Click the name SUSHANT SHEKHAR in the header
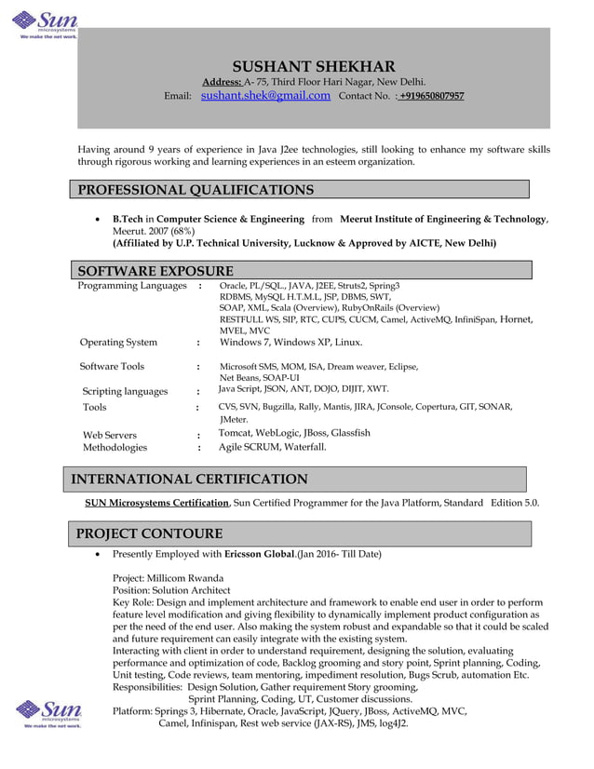point(313,66)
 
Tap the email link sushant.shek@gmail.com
point(265,95)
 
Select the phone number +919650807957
point(432,96)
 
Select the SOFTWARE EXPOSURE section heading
point(155,271)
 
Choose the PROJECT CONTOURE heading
point(149,533)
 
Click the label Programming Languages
point(132,286)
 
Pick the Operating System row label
point(118,342)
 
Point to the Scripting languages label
point(125,391)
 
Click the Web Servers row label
point(110,435)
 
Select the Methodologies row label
point(115,448)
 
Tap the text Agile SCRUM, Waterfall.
point(273,447)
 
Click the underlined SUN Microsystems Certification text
point(157,503)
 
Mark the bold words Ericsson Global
point(260,555)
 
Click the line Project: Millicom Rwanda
point(168,577)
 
